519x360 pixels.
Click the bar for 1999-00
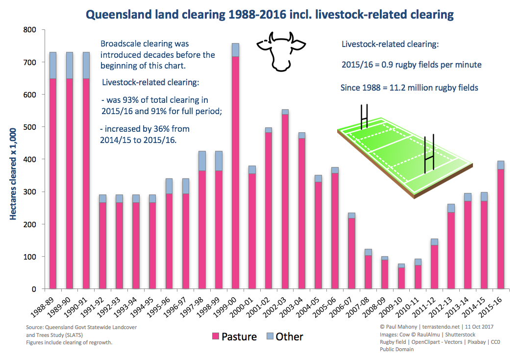(235, 171)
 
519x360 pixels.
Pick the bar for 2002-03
(285, 201)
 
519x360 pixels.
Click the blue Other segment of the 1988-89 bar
(53, 65)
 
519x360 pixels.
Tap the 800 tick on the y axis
(30, 30)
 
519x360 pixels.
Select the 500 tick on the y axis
(30, 127)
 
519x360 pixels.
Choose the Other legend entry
(284, 336)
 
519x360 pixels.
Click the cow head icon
(281, 51)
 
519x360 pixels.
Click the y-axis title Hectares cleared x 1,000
(13, 160)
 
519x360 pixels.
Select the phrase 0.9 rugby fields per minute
(431, 65)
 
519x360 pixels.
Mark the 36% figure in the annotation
(159, 129)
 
